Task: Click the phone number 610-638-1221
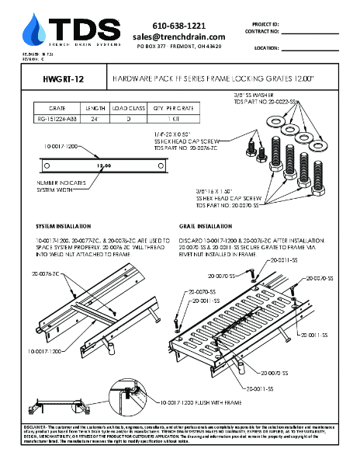(x=178, y=25)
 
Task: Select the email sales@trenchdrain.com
(x=178, y=37)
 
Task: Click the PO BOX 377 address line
(x=178, y=47)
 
